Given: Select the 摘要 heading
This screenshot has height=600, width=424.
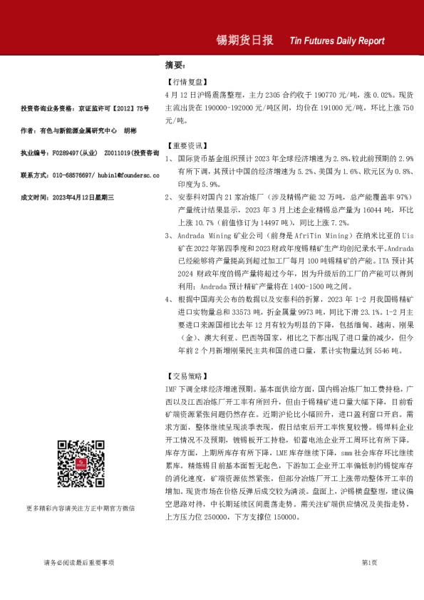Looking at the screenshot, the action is [175, 64].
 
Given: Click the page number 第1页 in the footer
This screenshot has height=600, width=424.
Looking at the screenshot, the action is [369, 563].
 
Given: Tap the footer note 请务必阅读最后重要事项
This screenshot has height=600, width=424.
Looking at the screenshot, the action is [78, 563].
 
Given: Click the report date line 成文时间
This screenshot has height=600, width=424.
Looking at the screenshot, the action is [68, 197].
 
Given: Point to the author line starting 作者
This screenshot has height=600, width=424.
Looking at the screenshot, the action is [78, 130].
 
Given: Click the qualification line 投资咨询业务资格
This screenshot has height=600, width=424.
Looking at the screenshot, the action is [85, 108].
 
